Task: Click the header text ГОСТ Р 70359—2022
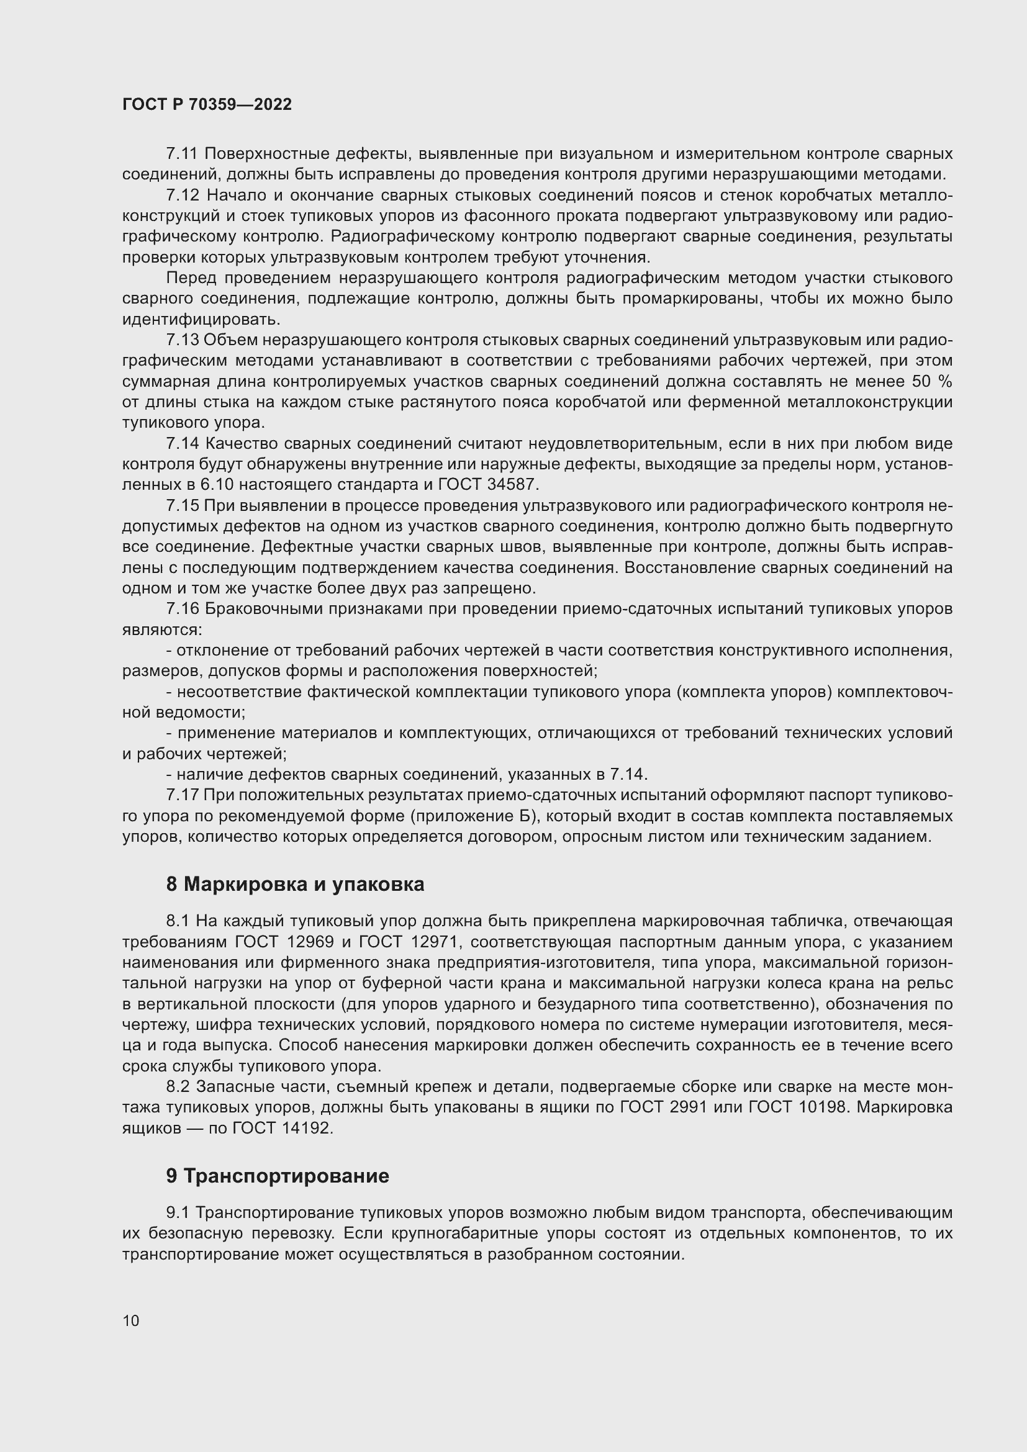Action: pyautogui.click(x=207, y=104)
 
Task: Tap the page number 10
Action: pyautogui.click(x=131, y=1320)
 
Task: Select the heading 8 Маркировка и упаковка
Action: pyautogui.click(x=295, y=884)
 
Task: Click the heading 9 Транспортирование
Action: pyautogui.click(x=278, y=1176)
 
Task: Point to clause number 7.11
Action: pyautogui.click(x=182, y=154)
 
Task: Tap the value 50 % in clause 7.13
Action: pyautogui.click(x=931, y=382)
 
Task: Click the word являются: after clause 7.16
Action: pyautogui.click(x=162, y=630)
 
